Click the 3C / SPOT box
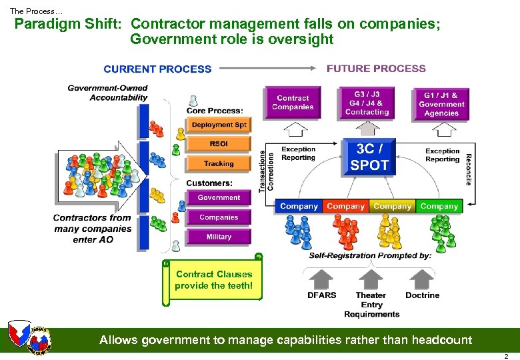[x=369, y=157]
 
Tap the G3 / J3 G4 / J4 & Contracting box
[x=367, y=103]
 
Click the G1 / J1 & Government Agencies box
[x=441, y=105]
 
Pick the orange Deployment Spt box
[x=219, y=125]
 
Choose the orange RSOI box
[x=219, y=144]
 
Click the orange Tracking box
[x=219, y=163]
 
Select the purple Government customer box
[x=219, y=198]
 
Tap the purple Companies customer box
[x=219, y=217]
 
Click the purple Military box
[x=219, y=237]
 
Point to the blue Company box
[x=299, y=207]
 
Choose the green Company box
[x=439, y=207]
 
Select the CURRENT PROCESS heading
[x=157, y=69]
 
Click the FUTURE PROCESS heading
[x=376, y=68]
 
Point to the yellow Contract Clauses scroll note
[x=213, y=280]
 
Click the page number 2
[x=506, y=356]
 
